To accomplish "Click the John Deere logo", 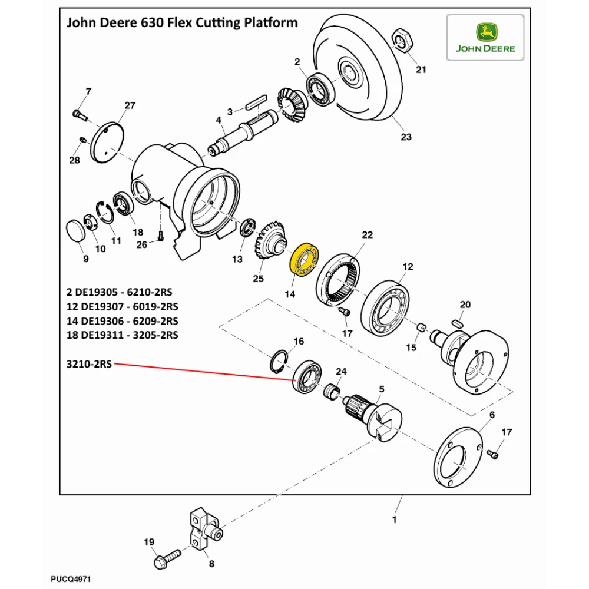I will [x=485, y=38].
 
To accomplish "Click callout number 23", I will [x=406, y=137].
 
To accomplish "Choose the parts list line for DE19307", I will [x=123, y=306].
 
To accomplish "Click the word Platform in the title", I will [x=267, y=23].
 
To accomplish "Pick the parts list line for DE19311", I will [x=123, y=335].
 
